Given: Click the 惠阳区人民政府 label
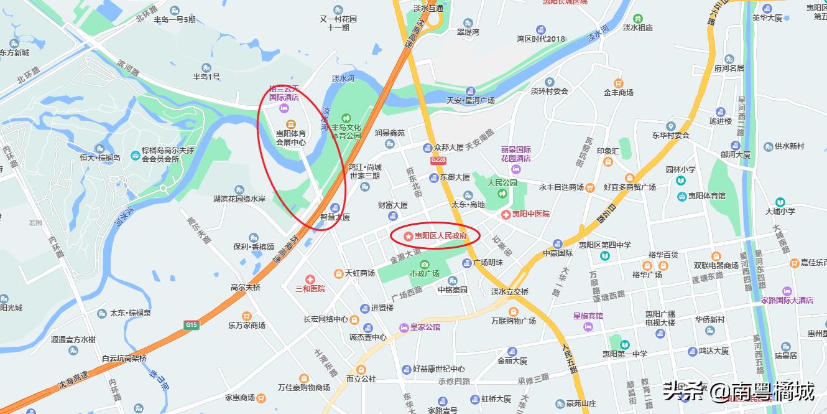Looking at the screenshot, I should pos(440,236).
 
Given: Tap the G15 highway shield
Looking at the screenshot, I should pos(191,324).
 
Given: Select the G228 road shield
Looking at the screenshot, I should pos(438,160).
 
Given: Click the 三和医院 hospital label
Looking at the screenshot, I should pos(310,288).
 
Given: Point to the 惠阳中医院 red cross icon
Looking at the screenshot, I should pos(507,214).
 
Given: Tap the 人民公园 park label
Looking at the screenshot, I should pos(502,183).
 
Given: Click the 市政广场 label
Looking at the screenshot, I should pos(424,273).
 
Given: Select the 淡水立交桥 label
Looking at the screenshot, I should pos(509,291).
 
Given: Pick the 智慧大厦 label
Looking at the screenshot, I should pos(335,217).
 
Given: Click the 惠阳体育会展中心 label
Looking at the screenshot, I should pos(291,138).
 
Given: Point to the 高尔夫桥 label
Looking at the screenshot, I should pos(246,288).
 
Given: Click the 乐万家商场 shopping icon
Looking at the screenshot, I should pos(247,315).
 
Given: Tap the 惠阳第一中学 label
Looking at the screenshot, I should pos(623,354).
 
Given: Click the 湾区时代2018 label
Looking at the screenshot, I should pos(541,39).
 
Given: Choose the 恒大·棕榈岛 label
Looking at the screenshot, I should pos(99,158).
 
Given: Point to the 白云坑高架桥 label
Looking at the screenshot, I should pos(124,358).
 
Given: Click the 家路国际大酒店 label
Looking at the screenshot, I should pos(787,300).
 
